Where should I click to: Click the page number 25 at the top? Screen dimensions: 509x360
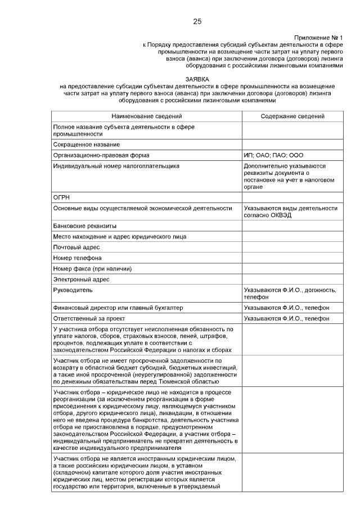pos(197,21)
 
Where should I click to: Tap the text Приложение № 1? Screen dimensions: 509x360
pos(318,37)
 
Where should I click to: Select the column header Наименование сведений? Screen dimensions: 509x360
pos(146,116)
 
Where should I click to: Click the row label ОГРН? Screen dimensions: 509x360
pos(61,197)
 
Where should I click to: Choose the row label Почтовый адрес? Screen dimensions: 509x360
pos(76,247)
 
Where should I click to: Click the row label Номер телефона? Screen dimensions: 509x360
pos(78,258)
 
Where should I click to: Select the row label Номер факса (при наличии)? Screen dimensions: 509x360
pos(92,269)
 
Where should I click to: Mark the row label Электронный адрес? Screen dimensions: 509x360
pos(81,280)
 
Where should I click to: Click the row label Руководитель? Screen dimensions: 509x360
pos(73,290)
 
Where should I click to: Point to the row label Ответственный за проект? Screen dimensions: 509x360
pos(91,318)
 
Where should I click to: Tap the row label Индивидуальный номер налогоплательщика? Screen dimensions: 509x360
pos(116,166)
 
